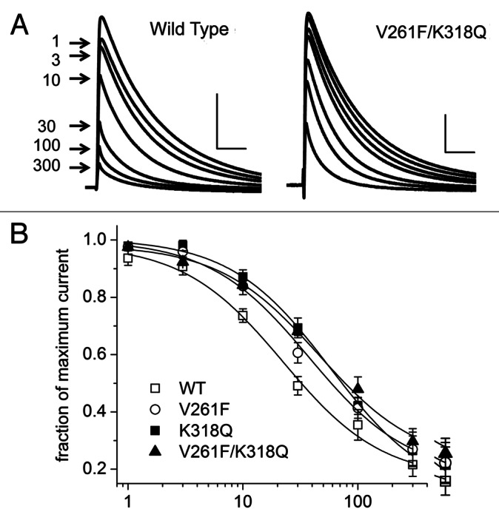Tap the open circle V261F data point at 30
tap(298, 354)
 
